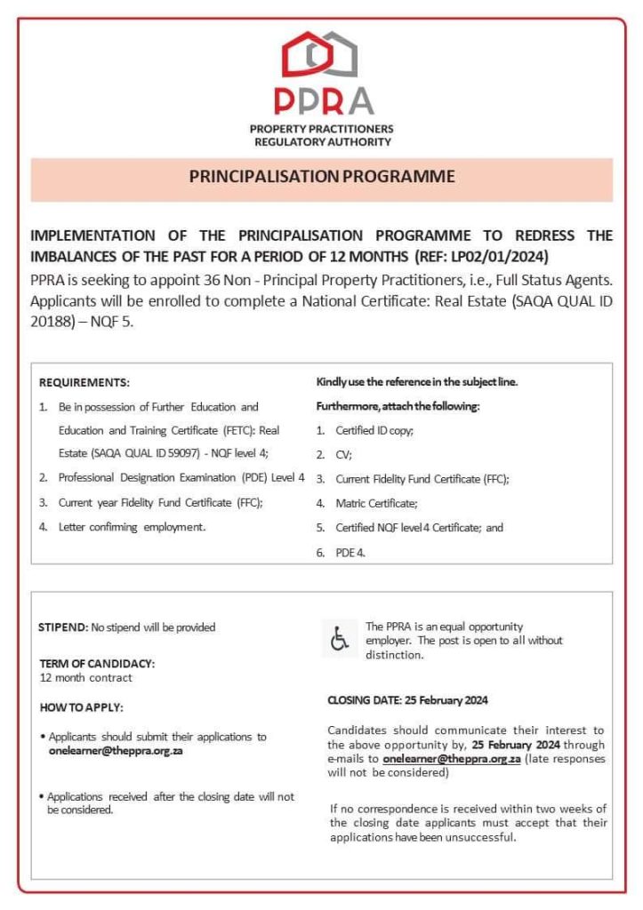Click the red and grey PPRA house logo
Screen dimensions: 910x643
pos(321,55)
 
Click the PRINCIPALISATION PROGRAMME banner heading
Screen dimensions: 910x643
pos(321,177)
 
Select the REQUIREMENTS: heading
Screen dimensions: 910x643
pos(84,383)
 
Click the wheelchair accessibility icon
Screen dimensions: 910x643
pos(340,638)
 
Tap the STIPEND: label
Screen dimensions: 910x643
pos(63,627)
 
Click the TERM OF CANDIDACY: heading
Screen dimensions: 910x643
pos(97,664)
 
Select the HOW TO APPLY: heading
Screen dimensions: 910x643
pos(82,707)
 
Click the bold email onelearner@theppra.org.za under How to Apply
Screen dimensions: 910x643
pos(116,751)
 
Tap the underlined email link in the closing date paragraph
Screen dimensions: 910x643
pos(452,760)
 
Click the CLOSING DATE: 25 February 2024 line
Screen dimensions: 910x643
pos(407,700)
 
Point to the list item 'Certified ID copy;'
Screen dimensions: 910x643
pos(374,430)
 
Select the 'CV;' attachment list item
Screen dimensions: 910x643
pos(344,454)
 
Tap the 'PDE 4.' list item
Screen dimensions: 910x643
pos(350,552)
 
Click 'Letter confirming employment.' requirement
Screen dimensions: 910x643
pos(132,527)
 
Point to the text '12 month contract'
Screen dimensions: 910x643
pos(85,677)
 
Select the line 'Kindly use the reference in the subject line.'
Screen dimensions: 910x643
pos(417,382)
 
